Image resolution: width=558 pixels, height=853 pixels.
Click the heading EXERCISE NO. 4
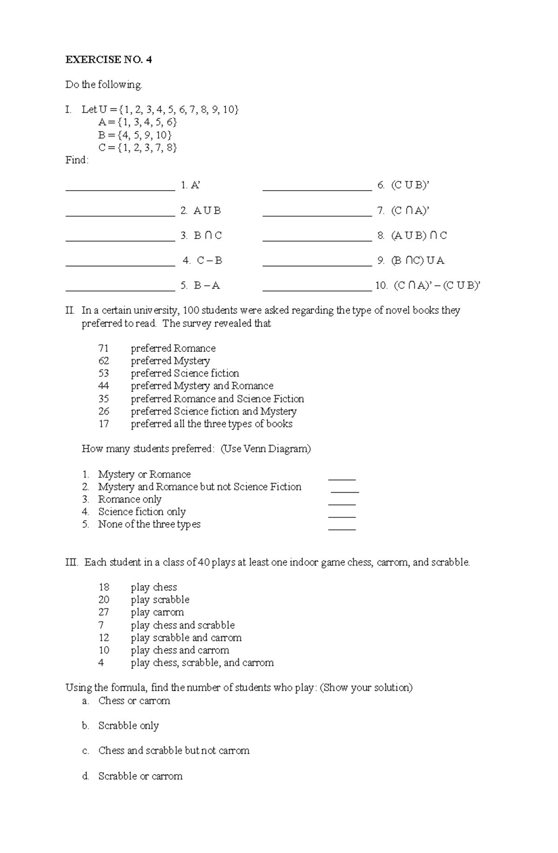click(x=109, y=60)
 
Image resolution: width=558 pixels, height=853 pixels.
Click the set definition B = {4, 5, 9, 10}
click(x=135, y=135)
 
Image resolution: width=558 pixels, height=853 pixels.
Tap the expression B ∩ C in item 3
click(x=207, y=236)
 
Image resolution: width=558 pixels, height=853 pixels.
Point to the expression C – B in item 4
click(x=209, y=260)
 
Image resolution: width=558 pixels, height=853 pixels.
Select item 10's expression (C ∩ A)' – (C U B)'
click(x=436, y=285)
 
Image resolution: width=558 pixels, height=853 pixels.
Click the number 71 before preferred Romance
click(x=104, y=348)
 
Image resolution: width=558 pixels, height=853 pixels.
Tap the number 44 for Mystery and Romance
click(x=104, y=386)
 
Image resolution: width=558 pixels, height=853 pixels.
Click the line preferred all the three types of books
click(x=211, y=424)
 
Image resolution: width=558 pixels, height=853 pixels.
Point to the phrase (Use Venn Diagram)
click(x=265, y=449)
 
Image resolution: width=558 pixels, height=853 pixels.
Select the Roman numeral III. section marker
click(x=72, y=562)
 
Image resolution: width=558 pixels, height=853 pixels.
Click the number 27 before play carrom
click(x=104, y=612)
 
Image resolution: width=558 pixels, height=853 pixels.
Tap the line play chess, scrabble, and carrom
click(x=202, y=663)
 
